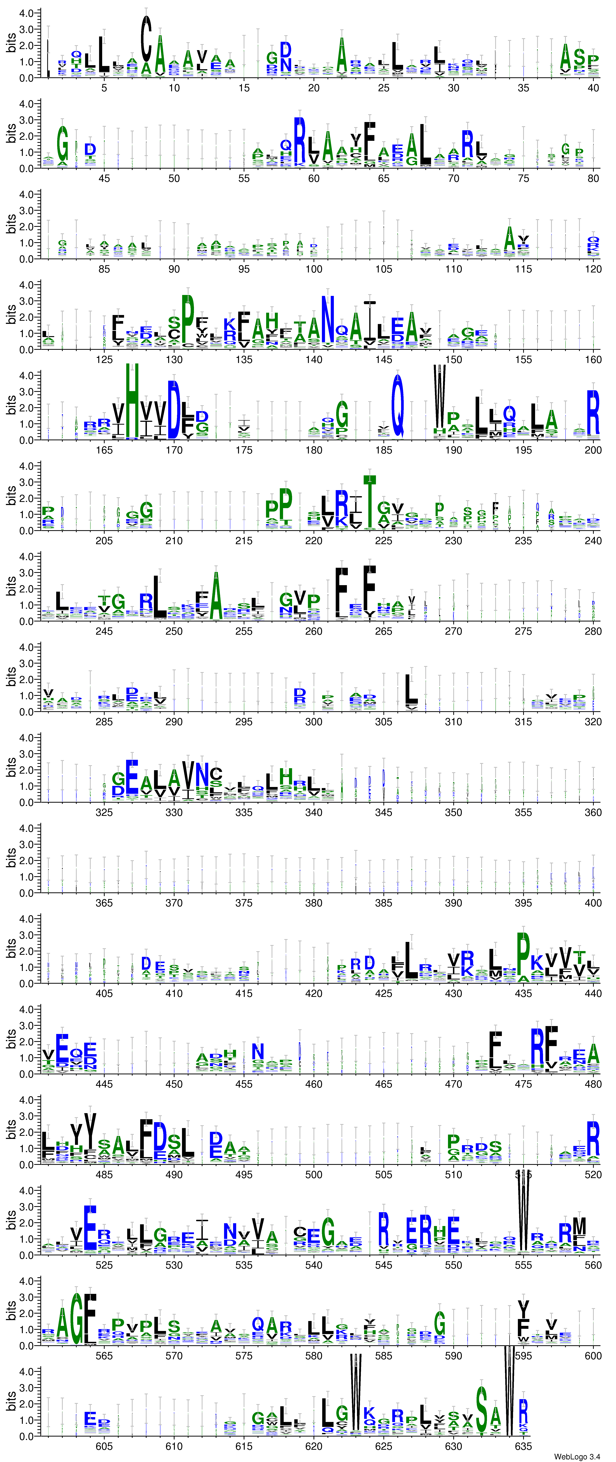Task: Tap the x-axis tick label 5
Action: [104, 88]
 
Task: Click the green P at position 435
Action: [523, 954]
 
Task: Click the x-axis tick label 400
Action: [593, 903]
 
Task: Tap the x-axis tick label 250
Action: [174, 631]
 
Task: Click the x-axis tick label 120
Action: [593, 269]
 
